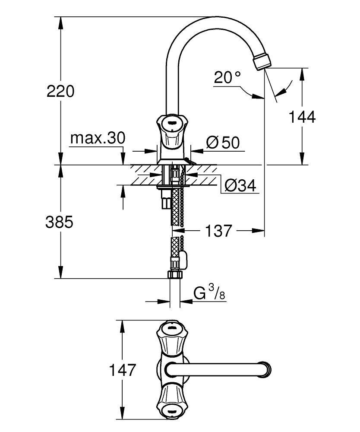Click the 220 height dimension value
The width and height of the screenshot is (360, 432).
pyautogui.click(x=60, y=91)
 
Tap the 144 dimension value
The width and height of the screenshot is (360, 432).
pyautogui.click(x=302, y=117)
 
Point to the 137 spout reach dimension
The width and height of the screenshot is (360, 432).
pyautogui.click(x=218, y=231)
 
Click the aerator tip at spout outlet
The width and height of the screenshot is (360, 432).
pyautogui.click(x=263, y=61)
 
